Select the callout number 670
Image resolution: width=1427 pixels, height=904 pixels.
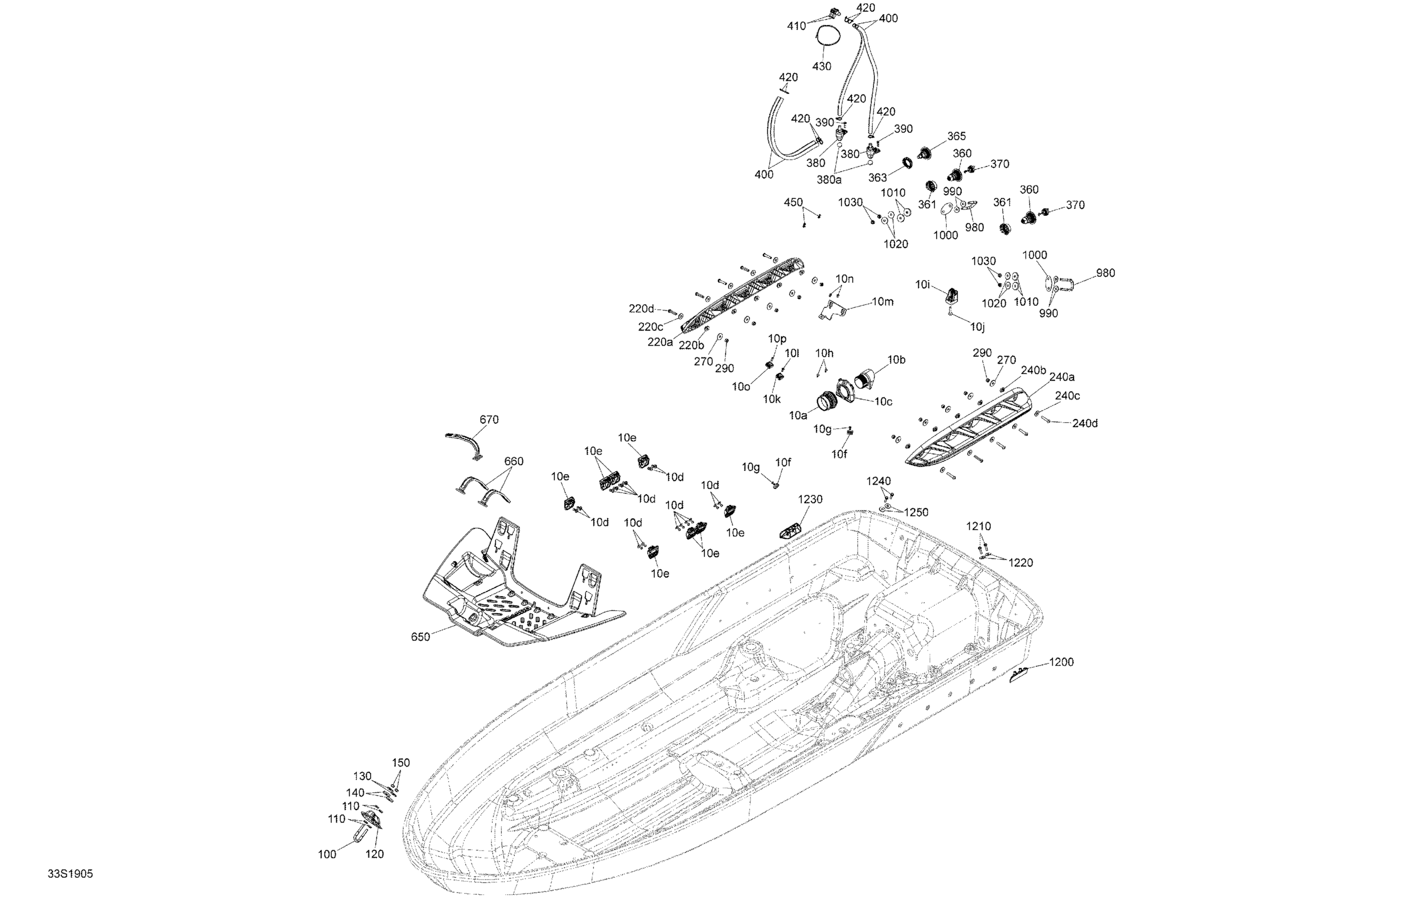489,419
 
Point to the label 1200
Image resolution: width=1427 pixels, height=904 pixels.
1061,662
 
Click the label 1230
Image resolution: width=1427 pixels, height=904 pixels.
810,499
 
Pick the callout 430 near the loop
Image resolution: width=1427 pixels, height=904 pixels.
821,67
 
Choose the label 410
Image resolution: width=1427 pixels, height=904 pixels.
796,26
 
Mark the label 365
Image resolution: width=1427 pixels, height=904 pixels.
957,136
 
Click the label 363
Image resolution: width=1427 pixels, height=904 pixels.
878,178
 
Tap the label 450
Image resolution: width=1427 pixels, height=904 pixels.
793,203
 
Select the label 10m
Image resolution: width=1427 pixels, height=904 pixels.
882,301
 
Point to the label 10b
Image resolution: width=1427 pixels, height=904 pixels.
896,360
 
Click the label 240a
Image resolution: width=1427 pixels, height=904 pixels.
1062,377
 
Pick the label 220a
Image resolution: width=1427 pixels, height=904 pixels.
660,342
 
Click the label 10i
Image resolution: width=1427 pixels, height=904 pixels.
923,285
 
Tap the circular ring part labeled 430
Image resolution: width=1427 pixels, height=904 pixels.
827,37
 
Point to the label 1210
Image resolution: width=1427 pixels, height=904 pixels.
978,526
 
